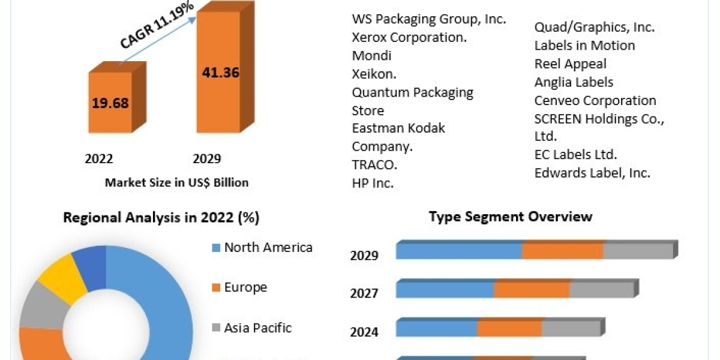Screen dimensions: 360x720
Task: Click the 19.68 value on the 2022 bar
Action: tap(110, 103)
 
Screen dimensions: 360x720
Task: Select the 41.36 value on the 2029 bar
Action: tap(219, 73)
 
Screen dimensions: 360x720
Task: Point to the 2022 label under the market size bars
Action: tap(99, 159)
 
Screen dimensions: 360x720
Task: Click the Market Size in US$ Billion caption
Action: tap(176, 182)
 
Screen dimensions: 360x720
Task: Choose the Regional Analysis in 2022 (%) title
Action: tap(161, 218)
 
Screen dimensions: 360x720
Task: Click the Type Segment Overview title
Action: tap(511, 217)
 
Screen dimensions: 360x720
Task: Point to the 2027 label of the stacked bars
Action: tap(364, 293)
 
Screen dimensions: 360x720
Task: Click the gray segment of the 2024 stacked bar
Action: tap(571, 329)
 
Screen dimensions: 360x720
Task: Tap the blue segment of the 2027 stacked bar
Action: tap(445, 290)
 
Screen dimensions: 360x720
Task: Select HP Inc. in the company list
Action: tap(373, 184)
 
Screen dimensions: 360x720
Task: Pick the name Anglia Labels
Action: tap(574, 82)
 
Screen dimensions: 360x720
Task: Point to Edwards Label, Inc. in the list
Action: tap(592, 173)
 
